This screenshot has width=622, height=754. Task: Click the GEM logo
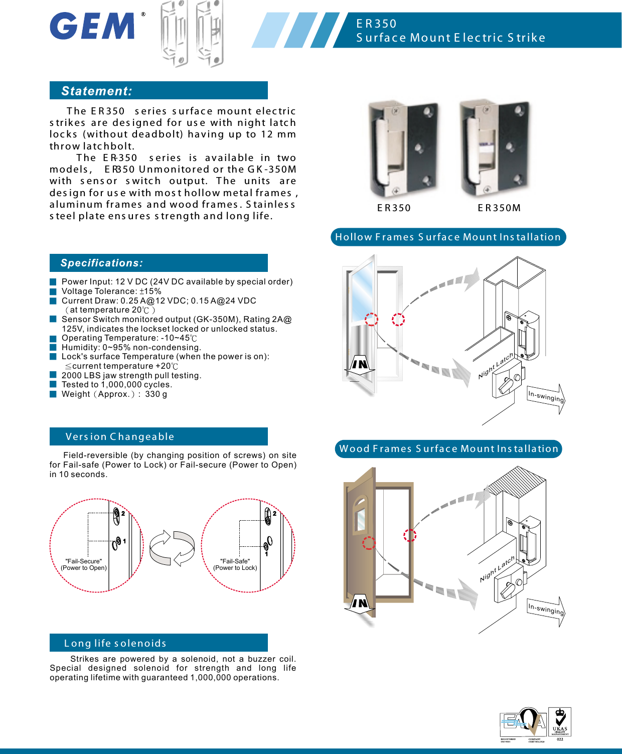(x=93, y=26)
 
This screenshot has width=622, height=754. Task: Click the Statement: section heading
(x=97, y=91)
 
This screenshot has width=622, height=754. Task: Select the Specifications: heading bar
(x=102, y=263)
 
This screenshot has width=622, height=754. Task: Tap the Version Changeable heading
(x=120, y=436)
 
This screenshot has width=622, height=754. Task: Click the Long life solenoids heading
(x=115, y=643)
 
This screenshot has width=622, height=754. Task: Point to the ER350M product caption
(x=499, y=208)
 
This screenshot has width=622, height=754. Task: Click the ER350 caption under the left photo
(x=394, y=208)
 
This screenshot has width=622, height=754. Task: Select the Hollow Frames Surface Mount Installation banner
(x=448, y=237)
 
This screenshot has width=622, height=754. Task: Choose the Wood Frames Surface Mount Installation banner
(x=448, y=448)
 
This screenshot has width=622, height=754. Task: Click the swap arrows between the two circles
(x=172, y=548)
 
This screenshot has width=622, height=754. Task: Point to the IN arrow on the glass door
(x=360, y=366)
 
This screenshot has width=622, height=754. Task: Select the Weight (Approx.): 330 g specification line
(x=114, y=394)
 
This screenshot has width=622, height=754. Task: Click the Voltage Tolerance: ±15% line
(x=111, y=291)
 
